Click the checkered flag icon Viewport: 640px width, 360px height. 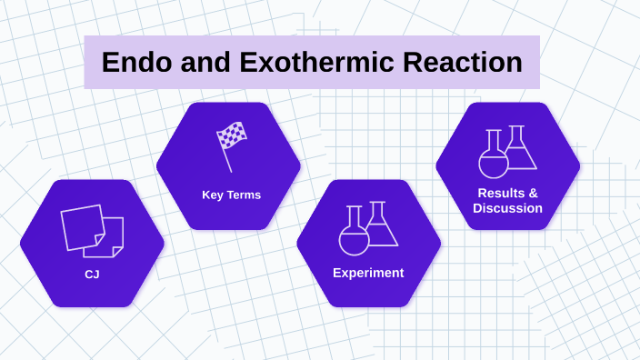[x=233, y=137]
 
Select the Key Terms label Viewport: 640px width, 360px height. [x=231, y=195]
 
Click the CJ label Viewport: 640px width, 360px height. [x=92, y=273]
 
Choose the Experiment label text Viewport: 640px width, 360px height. [x=368, y=273]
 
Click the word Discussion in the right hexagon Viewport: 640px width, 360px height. [x=507, y=208]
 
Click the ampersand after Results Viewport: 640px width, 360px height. [x=533, y=193]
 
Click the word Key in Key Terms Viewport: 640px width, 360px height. [x=213, y=195]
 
